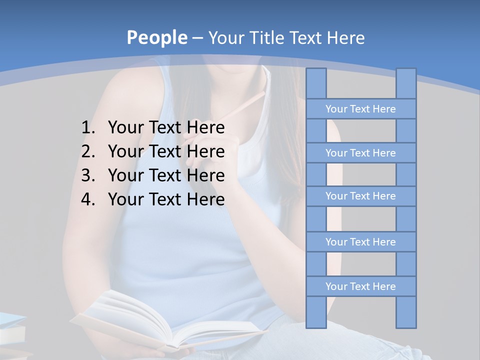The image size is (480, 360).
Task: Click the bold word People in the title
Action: [156, 37]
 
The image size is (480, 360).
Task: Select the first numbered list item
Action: [166, 128]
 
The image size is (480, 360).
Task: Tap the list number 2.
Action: [87, 151]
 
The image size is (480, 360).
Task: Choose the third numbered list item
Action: [166, 175]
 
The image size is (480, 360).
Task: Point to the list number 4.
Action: [87, 199]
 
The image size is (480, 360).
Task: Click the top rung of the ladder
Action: [360, 109]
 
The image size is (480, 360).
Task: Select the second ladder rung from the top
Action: [360, 153]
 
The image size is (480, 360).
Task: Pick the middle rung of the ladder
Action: [360, 196]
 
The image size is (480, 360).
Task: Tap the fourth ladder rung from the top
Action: [360, 242]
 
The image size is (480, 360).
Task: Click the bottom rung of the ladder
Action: [360, 286]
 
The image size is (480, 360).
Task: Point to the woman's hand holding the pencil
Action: [205, 150]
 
